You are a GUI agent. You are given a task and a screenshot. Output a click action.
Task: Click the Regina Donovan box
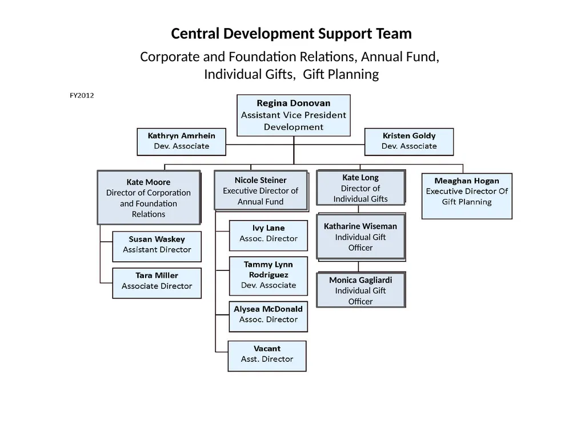click(x=294, y=115)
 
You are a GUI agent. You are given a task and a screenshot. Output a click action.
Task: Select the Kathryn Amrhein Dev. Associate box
click(x=181, y=142)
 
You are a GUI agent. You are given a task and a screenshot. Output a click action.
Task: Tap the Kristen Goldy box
click(x=409, y=142)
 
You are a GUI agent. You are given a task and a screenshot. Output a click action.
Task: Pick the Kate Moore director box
click(x=149, y=197)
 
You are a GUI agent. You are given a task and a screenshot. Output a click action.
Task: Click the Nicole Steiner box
click(x=261, y=191)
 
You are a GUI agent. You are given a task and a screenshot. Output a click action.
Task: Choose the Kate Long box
click(x=361, y=187)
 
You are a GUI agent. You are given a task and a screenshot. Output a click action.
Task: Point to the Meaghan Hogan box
click(x=467, y=196)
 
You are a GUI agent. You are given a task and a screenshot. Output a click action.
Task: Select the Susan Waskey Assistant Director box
click(x=157, y=247)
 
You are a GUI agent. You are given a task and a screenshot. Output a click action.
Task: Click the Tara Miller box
click(x=157, y=283)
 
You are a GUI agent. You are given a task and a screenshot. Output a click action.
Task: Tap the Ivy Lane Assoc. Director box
click(x=269, y=236)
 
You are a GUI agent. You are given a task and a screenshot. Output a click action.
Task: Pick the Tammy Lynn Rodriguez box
click(x=269, y=276)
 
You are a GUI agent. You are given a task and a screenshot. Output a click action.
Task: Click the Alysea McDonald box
click(x=269, y=317)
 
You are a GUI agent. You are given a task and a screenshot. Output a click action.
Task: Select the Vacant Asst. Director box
click(x=267, y=356)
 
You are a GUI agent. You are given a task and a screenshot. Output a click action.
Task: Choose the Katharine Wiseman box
click(x=361, y=237)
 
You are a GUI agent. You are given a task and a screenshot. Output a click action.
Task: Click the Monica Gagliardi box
click(x=361, y=290)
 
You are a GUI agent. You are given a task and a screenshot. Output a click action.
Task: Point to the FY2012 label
click(x=82, y=95)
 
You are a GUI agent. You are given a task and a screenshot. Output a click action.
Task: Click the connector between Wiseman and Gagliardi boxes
click(x=359, y=266)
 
